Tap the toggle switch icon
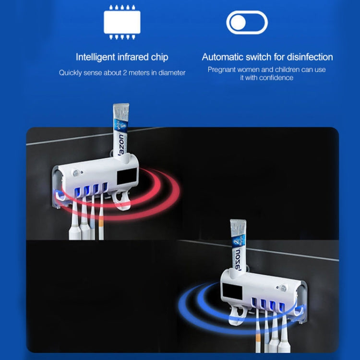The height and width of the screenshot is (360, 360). point(247,23)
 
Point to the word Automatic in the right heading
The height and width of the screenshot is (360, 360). point(224,57)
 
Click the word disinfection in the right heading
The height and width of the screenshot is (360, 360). point(305,57)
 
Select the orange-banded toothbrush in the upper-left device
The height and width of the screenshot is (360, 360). point(102,216)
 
